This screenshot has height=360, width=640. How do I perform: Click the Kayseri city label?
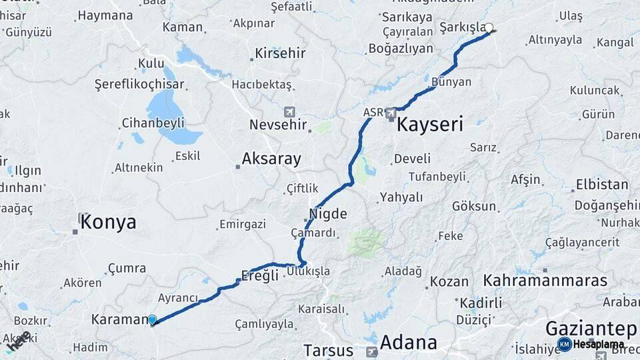click(430, 124)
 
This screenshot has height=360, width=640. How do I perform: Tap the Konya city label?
click(107, 223)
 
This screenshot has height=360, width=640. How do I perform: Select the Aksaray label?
click(271, 159)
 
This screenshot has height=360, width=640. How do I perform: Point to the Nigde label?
click(328, 215)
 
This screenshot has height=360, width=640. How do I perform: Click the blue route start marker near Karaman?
click(153, 320)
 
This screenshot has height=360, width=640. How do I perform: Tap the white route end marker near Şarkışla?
click(489, 28)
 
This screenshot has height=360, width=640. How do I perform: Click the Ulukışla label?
click(309, 271)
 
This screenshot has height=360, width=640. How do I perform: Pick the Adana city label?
click(409, 343)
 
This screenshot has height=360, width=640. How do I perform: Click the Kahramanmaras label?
click(545, 280)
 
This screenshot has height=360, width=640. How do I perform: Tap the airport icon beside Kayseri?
click(392, 114)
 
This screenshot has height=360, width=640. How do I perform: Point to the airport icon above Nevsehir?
click(289, 111)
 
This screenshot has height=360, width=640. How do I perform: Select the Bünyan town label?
click(451, 82)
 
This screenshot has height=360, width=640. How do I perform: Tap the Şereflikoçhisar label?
click(139, 85)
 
